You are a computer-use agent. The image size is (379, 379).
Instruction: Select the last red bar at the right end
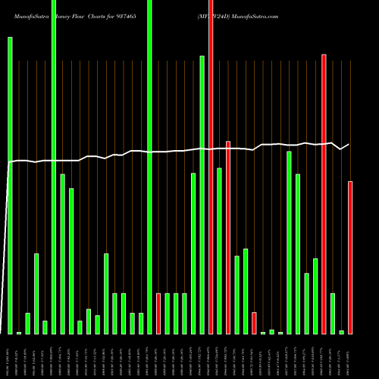click(350, 258)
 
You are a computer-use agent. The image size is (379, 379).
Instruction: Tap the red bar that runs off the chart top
click(211, 167)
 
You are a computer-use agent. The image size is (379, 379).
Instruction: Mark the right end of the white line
click(349, 144)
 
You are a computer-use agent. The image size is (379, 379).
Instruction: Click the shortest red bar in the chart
click(254, 323)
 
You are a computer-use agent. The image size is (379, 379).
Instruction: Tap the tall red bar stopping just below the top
click(324, 193)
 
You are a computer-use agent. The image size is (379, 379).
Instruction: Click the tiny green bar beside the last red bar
click(341, 332)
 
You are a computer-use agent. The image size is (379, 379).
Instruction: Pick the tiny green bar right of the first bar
click(19, 333)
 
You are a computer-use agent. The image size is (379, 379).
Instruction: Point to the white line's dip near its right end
click(340, 149)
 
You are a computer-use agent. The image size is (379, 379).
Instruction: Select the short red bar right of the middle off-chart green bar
click(158, 313)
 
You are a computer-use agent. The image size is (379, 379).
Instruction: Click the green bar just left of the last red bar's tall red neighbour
click(315, 296)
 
